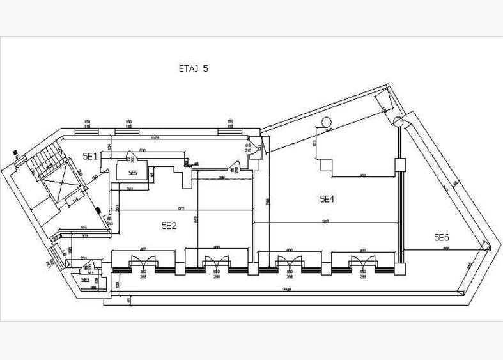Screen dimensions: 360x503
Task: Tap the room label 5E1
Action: (90, 155)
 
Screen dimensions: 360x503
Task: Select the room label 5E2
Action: (169, 225)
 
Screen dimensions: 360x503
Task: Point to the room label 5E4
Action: (327, 199)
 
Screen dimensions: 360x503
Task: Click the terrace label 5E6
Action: (442, 237)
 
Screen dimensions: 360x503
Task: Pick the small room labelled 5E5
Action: (132, 173)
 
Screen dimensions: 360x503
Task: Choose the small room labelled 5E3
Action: (86, 279)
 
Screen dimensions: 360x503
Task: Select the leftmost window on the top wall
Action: (87, 132)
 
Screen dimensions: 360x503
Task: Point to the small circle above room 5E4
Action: (326, 121)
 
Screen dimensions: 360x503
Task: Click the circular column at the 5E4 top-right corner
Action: (398, 121)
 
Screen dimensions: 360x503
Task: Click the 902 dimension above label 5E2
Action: (182, 209)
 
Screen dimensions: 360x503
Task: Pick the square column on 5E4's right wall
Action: (401, 165)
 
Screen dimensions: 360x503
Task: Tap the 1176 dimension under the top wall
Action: (155, 137)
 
